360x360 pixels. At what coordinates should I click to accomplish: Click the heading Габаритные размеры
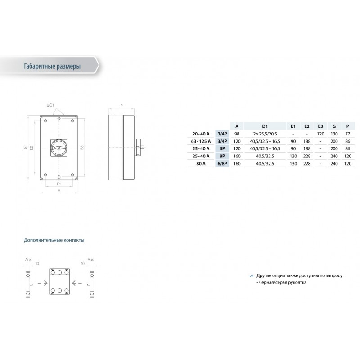[52, 66]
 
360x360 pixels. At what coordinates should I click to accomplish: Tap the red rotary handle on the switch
[59, 147]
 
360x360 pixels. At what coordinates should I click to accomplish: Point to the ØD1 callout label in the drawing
[50, 105]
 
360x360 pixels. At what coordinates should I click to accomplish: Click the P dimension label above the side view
[122, 106]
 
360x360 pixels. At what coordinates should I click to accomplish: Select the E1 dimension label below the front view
[59, 184]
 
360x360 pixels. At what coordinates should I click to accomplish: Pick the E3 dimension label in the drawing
[82, 147]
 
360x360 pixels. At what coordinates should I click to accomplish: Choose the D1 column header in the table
[265, 126]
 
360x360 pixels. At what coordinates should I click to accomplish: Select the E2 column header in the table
[306, 126]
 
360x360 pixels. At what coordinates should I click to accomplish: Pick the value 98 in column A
[237, 134]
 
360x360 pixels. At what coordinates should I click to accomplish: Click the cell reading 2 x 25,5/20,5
[265, 134]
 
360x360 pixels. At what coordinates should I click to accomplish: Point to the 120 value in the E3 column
[320, 134]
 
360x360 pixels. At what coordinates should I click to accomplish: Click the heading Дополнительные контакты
[54, 240]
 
